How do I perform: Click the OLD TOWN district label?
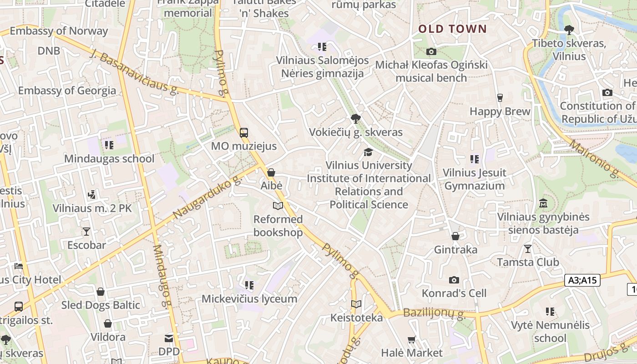452,29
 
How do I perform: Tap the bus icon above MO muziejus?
244,133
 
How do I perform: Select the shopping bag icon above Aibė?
271,172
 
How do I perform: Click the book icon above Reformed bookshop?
278,206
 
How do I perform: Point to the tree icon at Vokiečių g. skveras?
356,119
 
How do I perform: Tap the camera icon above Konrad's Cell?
454,280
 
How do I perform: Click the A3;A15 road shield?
582,280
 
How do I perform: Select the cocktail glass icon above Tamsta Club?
528,248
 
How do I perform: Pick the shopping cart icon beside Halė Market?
412,339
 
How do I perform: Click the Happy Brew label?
500,111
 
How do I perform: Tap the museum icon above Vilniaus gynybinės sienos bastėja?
543,203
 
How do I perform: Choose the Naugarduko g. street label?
207,197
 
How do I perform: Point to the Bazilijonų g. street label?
434,313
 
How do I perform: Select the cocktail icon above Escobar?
86,232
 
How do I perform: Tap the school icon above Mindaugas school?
109,145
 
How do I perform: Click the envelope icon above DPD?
169,338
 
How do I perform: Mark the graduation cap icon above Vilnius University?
368,152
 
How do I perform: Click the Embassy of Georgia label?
67,90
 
